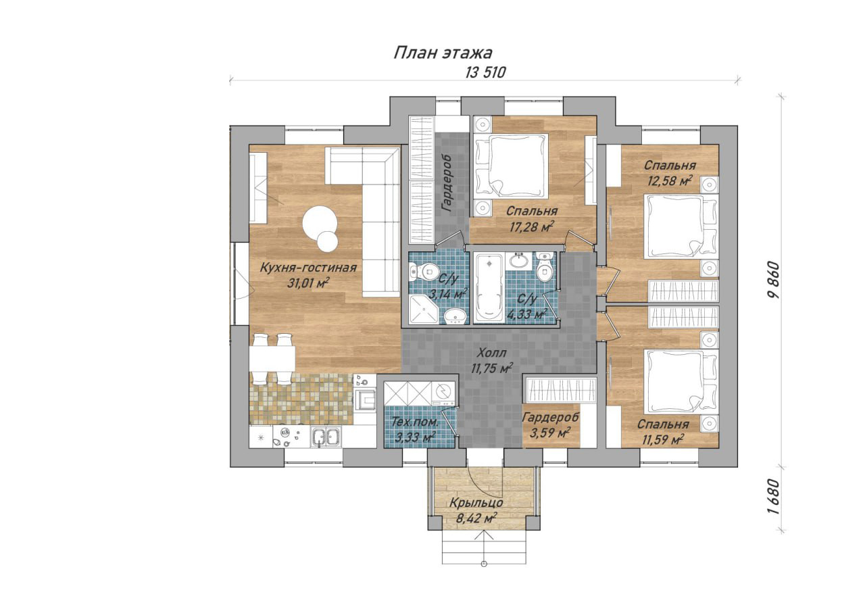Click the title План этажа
point(443,53)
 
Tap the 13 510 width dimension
point(485,72)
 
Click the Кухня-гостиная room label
point(307,268)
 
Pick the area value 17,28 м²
point(532,227)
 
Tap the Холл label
point(491,353)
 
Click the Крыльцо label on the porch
point(476,503)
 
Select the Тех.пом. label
point(415,422)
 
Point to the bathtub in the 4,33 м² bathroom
point(489,287)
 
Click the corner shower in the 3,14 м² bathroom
point(424,309)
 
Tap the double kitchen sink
point(326,437)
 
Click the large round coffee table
point(320,223)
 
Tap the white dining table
point(272,359)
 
